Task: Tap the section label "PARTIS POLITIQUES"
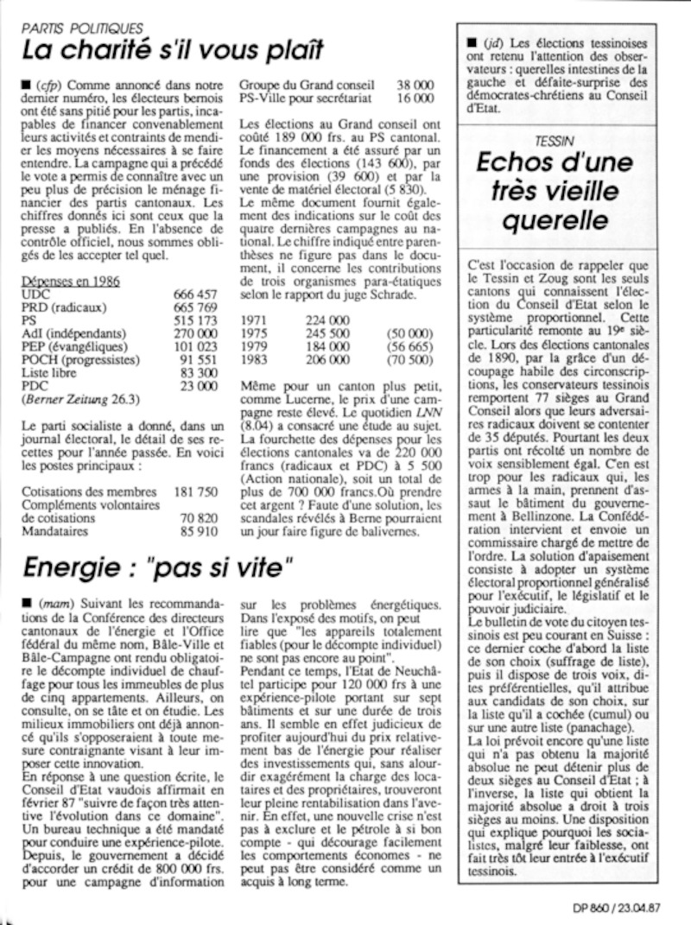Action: pyautogui.click(x=83, y=29)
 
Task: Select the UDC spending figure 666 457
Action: pyautogui.click(x=196, y=295)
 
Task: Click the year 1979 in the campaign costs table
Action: pyautogui.click(x=257, y=346)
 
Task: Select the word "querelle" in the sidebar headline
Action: pyautogui.click(x=557, y=221)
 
